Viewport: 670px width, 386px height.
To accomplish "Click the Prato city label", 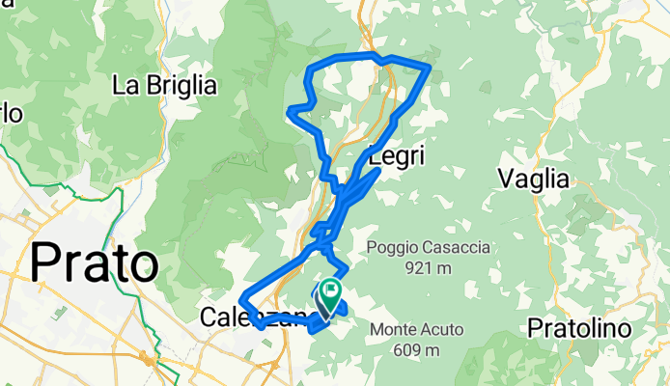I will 95,262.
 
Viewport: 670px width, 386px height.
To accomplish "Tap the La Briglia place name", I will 164,85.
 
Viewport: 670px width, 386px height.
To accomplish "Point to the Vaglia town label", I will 532,178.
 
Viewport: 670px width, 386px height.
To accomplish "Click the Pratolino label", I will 579,329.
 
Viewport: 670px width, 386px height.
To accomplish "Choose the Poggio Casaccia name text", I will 428,248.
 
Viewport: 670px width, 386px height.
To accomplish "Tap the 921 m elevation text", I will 428,266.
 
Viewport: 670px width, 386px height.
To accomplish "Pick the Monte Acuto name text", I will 416,330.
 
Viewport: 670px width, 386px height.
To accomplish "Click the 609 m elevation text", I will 416,348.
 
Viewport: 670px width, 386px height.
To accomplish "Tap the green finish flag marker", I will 331,289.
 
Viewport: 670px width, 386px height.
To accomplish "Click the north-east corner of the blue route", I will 428,67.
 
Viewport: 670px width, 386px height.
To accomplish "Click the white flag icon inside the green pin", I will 332,288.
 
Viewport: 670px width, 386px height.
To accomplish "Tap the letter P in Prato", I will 47,262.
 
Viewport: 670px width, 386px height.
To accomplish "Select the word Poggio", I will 390,248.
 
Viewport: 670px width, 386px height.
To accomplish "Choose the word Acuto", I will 440,330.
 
